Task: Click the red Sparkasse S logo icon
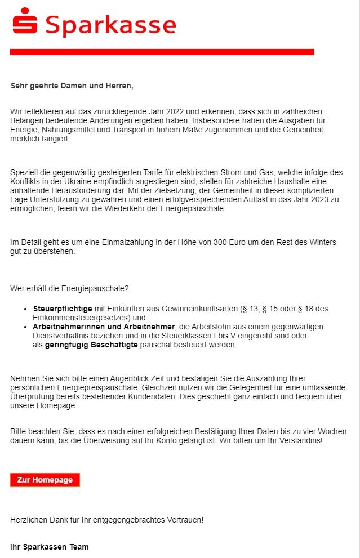(25, 21)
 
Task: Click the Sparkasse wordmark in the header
(110, 25)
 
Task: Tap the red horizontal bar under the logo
(162, 52)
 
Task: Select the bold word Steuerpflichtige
(63, 309)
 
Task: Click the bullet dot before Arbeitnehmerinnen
(26, 327)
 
